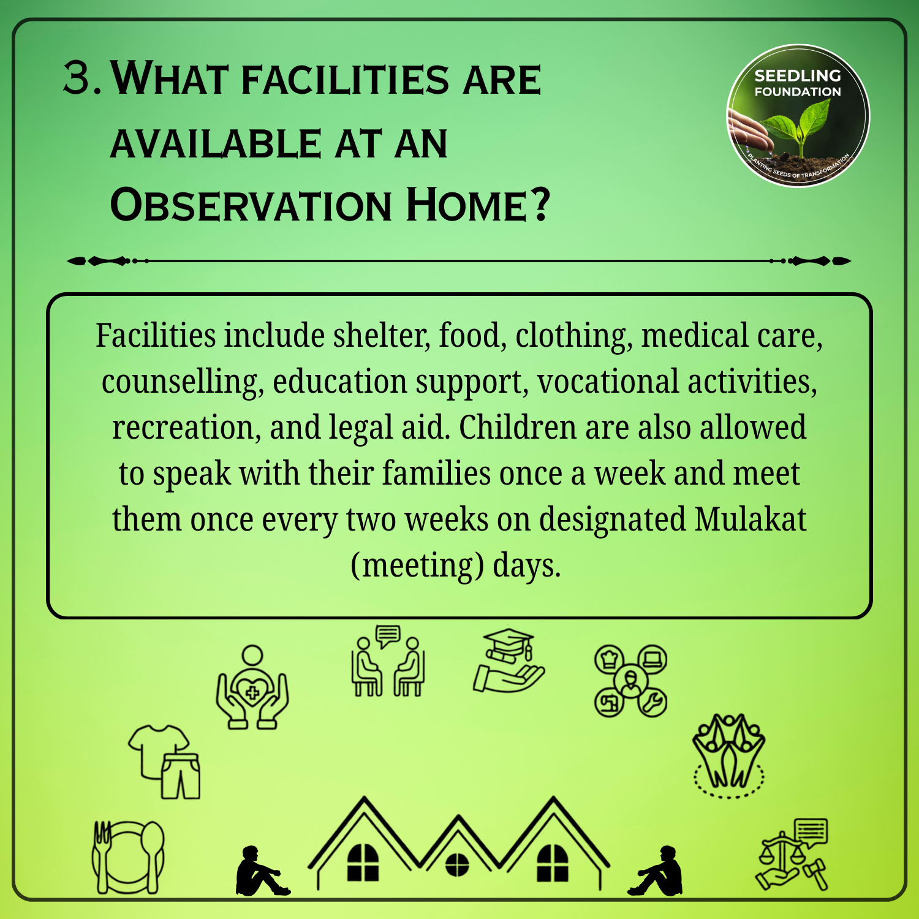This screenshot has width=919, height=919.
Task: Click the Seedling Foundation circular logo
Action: point(798,116)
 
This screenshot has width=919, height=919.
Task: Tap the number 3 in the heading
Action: point(78,78)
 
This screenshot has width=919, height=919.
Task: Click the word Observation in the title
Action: point(251,205)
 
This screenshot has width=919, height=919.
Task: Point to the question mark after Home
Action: point(539,205)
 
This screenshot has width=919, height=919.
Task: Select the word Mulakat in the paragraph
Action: point(751,519)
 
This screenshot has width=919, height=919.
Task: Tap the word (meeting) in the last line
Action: point(412,565)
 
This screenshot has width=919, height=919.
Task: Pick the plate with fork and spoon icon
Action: point(128,857)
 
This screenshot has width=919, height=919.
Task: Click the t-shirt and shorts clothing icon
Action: point(164,762)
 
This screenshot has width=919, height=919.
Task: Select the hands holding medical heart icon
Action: point(252,687)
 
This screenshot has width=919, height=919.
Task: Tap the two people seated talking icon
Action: point(388,660)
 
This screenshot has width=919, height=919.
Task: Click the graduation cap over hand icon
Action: point(509,662)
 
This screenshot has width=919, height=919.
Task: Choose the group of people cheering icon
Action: point(728,756)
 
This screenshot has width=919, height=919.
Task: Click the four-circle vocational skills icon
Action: point(630,681)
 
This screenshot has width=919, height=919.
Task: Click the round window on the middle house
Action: point(457,864)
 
